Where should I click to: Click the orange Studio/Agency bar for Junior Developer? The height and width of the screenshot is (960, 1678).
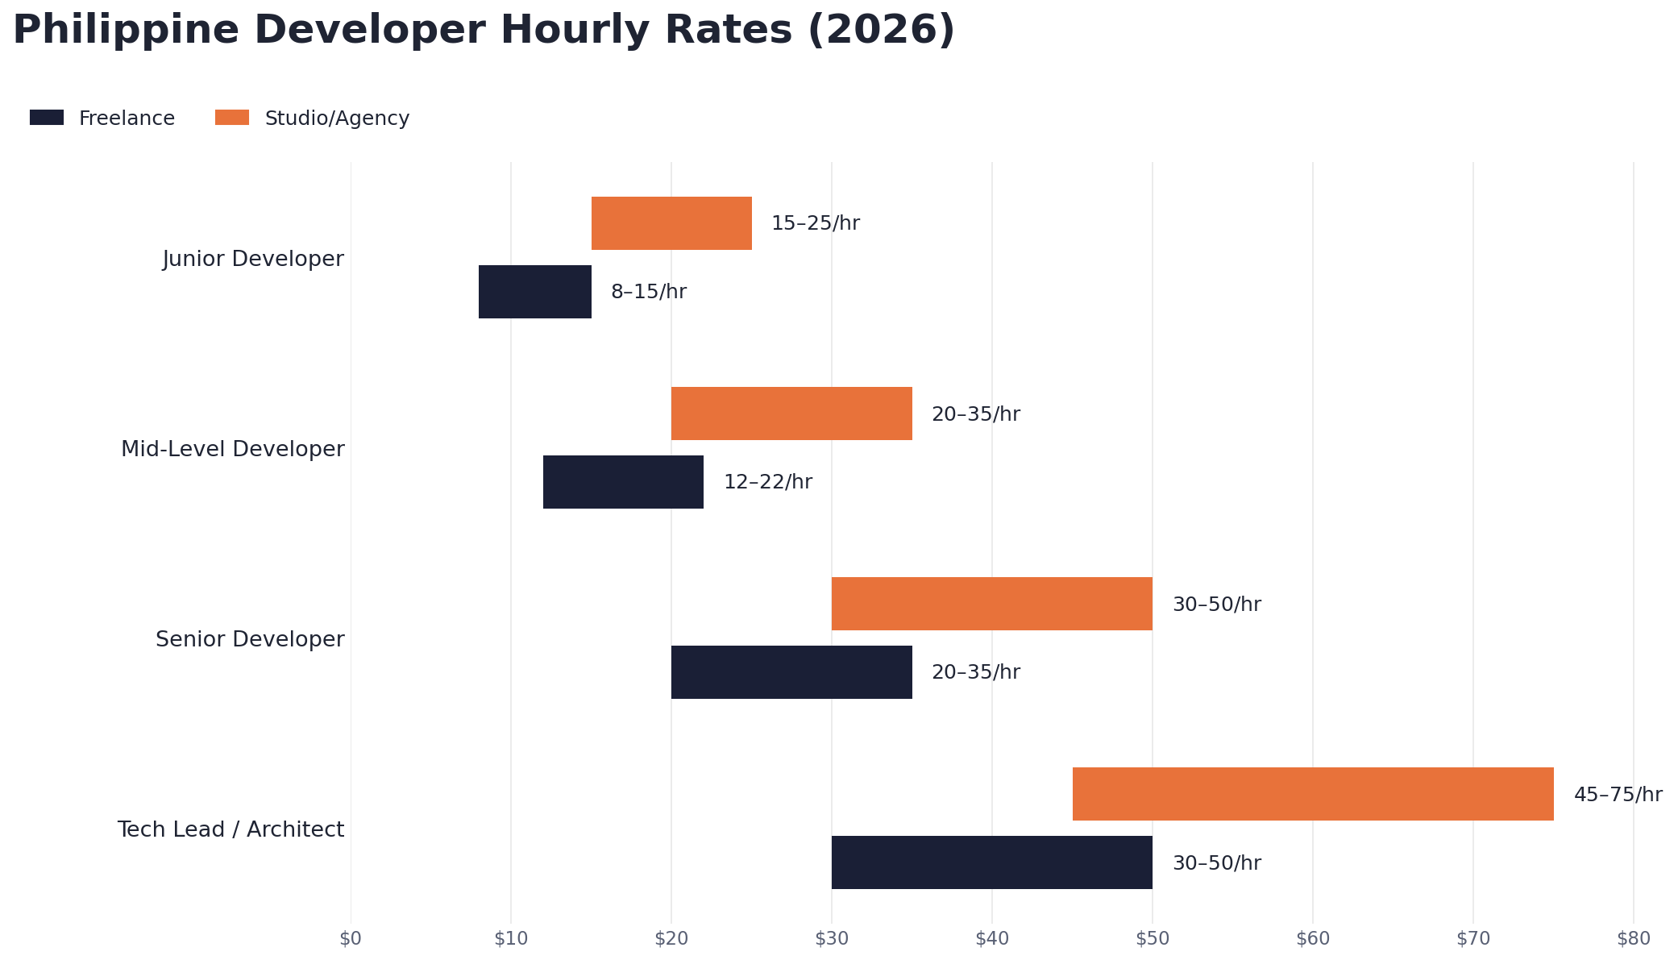click(671, 223)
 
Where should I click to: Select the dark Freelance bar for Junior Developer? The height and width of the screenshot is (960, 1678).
click(534, 292)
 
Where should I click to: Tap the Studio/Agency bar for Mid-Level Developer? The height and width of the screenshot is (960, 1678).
click(791, 414)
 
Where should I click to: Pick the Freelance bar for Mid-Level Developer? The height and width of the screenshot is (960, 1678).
click(623, 482)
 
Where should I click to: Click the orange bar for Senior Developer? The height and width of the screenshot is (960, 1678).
click(991, 604)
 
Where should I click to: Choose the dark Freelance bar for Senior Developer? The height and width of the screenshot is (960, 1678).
click(791, 672)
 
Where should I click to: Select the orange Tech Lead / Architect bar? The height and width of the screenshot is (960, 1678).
click(1313, 794)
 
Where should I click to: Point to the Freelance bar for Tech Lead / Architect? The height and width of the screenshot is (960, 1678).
click(991, 862)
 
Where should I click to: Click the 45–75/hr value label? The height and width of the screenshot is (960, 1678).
click(1618, 795)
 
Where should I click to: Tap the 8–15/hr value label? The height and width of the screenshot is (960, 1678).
click(648, 292)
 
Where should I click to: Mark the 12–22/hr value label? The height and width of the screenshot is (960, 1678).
click(767, 482)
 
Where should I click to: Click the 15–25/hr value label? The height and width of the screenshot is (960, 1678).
click(815, 223)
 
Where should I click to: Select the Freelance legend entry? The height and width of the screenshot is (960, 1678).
click(127, 118)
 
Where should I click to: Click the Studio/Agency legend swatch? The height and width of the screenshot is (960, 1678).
click(232, 118)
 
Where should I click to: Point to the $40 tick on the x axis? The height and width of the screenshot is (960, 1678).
click(991, 939)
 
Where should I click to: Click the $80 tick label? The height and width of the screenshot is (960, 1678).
click(1633, 939)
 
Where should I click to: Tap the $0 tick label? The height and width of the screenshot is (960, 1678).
click(351, 939)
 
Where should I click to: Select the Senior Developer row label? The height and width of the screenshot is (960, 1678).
click(250, 639)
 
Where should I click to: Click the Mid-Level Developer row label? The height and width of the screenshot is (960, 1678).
click(232, 449)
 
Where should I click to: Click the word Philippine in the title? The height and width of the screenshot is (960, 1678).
click(125, 31)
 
